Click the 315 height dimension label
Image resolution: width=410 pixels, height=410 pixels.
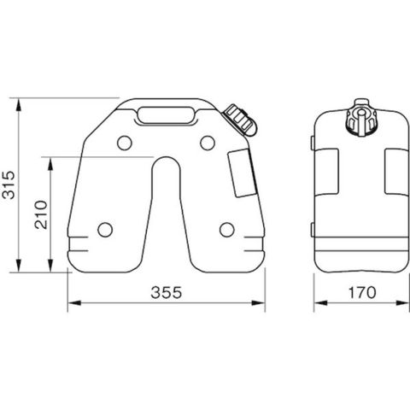coord(8,185)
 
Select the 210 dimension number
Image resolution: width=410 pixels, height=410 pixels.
coord(41,215)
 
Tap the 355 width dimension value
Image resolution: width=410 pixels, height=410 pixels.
coord(167,292)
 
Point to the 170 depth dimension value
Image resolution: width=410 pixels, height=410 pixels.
coord(362,292)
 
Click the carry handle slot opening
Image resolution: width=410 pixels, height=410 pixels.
coord(166,115)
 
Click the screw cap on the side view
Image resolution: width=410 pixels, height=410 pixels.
coord(361,119)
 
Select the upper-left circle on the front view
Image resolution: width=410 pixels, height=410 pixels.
coord(125,143)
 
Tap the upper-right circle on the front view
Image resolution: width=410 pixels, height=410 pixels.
coord(208,143)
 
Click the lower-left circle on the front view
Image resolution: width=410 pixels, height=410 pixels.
coord(105,230)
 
